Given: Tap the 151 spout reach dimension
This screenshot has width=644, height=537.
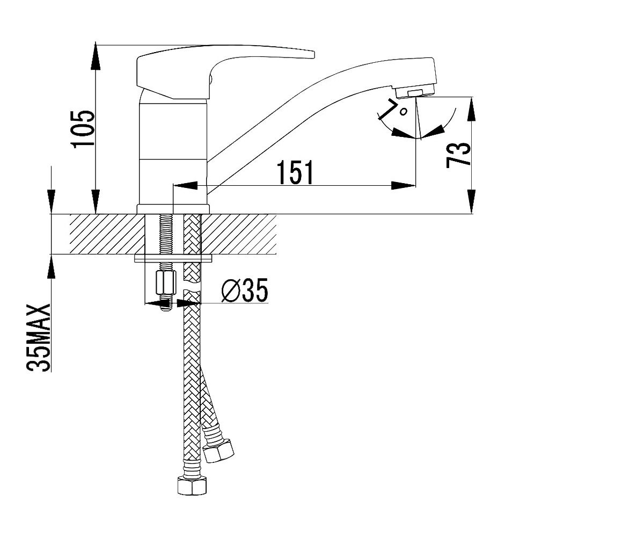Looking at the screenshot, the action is tap(295, 172).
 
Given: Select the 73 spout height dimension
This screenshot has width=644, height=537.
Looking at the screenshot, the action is tap(458, 155).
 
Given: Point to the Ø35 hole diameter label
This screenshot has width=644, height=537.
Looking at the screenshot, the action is tap(245, 290).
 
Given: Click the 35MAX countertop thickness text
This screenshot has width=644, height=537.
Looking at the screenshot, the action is tap(38, 338).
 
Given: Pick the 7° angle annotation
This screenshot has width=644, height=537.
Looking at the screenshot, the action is tap(393, 109).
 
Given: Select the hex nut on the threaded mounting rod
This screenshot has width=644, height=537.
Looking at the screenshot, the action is tap(166, 282).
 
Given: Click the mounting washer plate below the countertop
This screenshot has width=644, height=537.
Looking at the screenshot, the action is tap(174, 259).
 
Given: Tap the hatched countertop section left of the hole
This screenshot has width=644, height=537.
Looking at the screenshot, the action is tap(107, 234).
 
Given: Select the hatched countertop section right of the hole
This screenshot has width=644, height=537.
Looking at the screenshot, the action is tap(238, 234).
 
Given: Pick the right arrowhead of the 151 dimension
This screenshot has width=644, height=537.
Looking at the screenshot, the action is tap(404, 185).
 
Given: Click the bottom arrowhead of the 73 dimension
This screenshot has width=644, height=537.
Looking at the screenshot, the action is tap(472, 201).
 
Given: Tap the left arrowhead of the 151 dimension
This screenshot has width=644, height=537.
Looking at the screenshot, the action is tap(185, 185).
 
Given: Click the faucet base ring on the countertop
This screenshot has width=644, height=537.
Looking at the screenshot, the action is tap(173, 209).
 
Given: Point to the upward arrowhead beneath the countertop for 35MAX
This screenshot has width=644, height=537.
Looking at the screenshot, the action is tap(51, 267).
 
